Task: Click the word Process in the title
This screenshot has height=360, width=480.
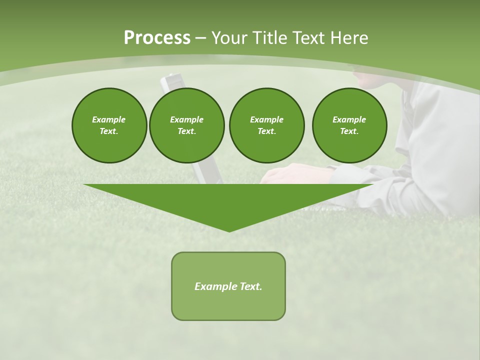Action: (x=157, y=38)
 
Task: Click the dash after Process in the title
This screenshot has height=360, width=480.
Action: (x=201, y=38)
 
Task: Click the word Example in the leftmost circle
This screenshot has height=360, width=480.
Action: (x=109, y=119)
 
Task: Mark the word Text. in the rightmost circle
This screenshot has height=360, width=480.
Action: (x=349, y=131)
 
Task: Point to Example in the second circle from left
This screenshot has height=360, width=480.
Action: (x=187, y=119)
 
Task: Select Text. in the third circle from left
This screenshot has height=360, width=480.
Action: (x=267, y=131)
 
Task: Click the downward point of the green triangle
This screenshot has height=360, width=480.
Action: (x=229, y=231)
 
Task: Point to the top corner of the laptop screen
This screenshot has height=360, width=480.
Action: (x=170, y=75)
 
